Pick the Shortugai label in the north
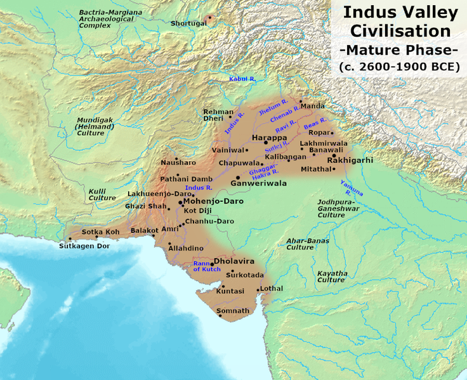[x=188, y=23]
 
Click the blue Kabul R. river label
[x=242, y=78]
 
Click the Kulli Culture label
[x=102, y=194]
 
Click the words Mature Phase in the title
[x=398, y=49]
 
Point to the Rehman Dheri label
[x=218, y=114]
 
